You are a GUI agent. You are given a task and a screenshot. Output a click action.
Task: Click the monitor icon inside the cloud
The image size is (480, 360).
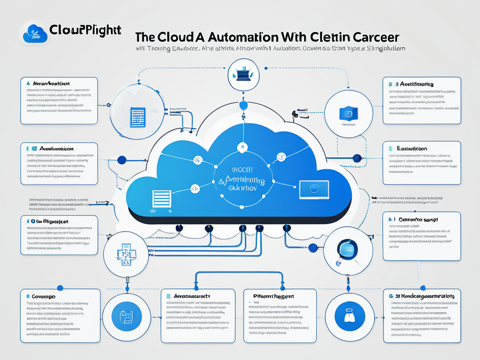[x=314, y=188]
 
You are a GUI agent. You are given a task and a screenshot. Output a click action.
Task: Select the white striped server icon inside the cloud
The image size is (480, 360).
[x=160, y=199]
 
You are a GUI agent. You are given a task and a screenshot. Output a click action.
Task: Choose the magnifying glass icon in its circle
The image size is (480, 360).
[x=348, y=249]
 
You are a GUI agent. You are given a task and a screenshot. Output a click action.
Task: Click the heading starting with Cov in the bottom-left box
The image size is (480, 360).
[x=44, y=297]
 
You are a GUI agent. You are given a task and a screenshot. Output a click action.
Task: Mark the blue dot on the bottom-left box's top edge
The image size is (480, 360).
[x=60, y=288]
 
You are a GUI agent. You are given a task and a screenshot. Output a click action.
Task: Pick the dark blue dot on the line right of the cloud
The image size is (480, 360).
[x=357, y=158]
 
